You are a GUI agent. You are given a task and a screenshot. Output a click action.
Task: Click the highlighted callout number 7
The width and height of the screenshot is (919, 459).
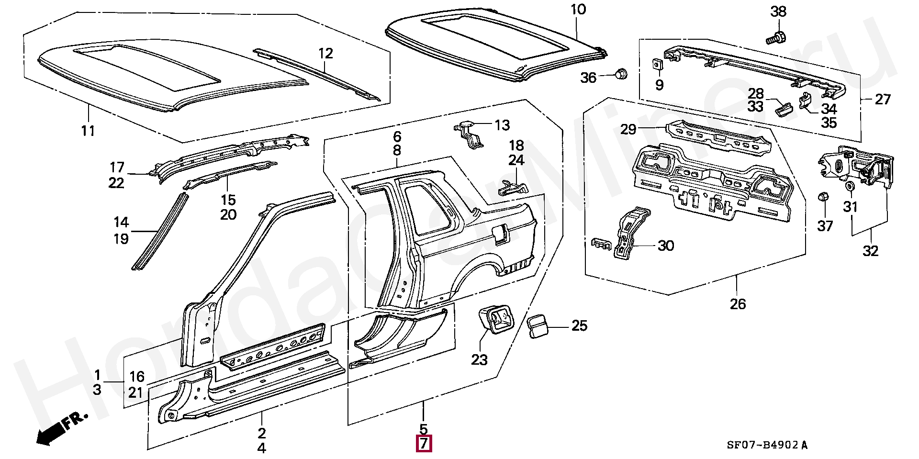click(x=424, y=444)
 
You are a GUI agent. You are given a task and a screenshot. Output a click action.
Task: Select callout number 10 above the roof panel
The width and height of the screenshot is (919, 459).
click(x=578, y=10)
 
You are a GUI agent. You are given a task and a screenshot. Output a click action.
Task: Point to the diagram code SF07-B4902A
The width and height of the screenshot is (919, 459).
click(x=767, y=445)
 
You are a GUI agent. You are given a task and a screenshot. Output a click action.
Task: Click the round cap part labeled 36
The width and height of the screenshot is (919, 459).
click(x=621, y=74)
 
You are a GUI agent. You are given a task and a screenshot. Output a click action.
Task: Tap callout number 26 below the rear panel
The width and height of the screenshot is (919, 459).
click(x=738, y=304)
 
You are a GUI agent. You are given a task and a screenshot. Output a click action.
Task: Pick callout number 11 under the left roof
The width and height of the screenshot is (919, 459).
click(x=88, y=130)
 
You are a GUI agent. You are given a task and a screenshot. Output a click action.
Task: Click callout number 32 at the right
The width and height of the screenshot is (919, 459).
click(x=870, y=251)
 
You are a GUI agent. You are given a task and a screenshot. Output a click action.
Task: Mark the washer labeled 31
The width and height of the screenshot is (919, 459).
click(x=851, y=186)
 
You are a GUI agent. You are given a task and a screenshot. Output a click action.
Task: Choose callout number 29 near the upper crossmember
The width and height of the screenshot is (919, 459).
click(x=628, y=129)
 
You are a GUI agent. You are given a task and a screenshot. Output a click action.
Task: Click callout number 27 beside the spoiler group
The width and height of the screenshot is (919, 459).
click(x=883, y=99)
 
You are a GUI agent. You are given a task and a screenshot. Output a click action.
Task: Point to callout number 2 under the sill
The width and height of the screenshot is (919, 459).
click(x=261, y=433)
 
